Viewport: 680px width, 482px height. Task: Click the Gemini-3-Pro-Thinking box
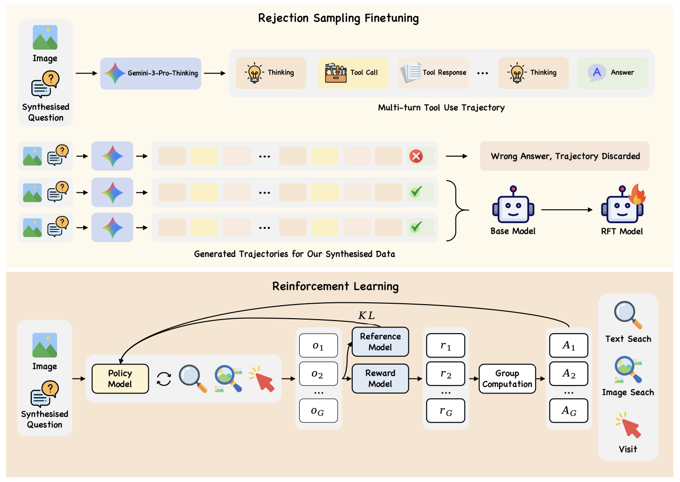151,73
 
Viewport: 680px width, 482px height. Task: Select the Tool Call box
353,73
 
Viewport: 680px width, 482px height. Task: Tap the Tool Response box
434,73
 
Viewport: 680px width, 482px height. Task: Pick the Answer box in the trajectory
612,73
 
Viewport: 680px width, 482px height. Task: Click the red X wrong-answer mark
416,156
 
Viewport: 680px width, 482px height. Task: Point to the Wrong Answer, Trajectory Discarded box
564,156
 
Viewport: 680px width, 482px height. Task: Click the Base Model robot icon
513,206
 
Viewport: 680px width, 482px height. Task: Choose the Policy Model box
120,379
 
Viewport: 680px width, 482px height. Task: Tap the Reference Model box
380,342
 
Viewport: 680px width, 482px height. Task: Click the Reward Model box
380,379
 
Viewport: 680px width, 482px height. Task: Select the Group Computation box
507,379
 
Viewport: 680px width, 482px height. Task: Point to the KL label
366,316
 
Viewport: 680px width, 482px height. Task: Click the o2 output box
318,374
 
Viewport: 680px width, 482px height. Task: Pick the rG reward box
446,411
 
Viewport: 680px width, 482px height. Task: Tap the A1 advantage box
569,346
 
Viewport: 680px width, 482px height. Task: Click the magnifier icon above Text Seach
627,314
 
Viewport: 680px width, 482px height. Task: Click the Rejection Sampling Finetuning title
338,18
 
